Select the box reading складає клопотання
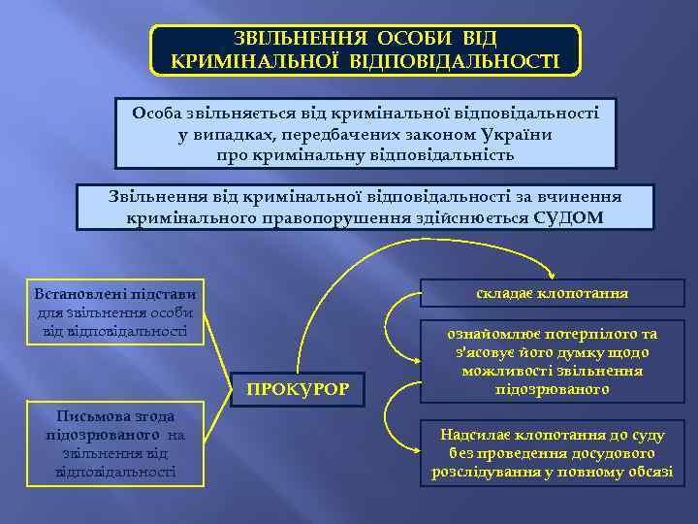coord(553,292)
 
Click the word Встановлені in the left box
coord(77,293)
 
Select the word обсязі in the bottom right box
coord(649,472)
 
